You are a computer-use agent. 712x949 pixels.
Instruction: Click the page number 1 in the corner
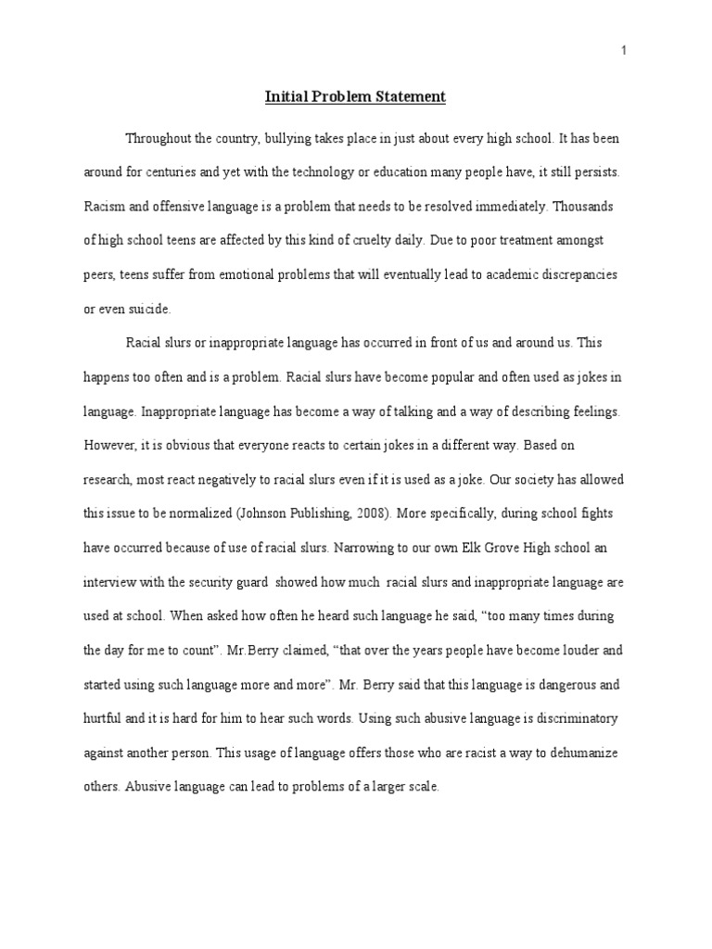point(625,51)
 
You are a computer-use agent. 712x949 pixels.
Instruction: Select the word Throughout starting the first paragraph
point(159,138)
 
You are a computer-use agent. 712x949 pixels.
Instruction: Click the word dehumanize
point(572,753)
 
